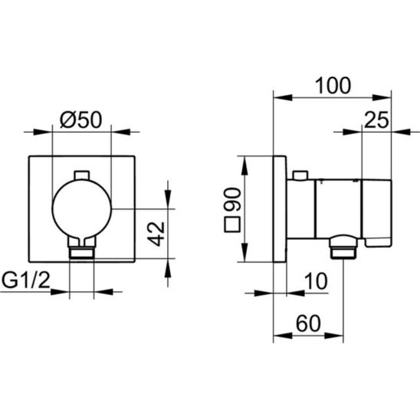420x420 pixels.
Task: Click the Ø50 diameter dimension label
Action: click(81, 120)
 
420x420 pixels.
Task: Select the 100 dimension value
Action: click(333, 85)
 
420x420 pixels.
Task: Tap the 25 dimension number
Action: click(376, 120)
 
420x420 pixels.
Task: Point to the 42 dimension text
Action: click(156, 234)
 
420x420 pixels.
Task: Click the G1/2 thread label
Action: click(26, 281)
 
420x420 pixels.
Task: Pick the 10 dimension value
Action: click(316, 281)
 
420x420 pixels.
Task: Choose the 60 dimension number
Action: click(308, 323)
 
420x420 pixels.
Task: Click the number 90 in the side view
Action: click(233, 200)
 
